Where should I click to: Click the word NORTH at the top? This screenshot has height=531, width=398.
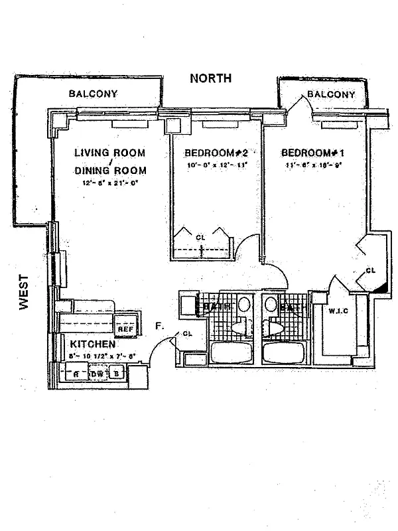(211, 78)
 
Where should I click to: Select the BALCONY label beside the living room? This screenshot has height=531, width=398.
(93, 94)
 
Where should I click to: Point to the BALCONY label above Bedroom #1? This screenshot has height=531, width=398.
(331, 95)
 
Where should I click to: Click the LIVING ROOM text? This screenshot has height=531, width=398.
(109, 153)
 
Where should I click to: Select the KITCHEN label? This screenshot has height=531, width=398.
(93, 345)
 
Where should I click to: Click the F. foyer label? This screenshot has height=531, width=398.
(159, 327)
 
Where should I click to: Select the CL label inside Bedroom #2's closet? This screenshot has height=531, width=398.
(200, 237)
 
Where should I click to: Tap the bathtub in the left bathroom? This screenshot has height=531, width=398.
(232, 352)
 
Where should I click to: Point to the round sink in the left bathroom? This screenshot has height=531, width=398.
(244, 305)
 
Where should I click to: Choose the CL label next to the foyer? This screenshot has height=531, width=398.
(187, 334)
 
